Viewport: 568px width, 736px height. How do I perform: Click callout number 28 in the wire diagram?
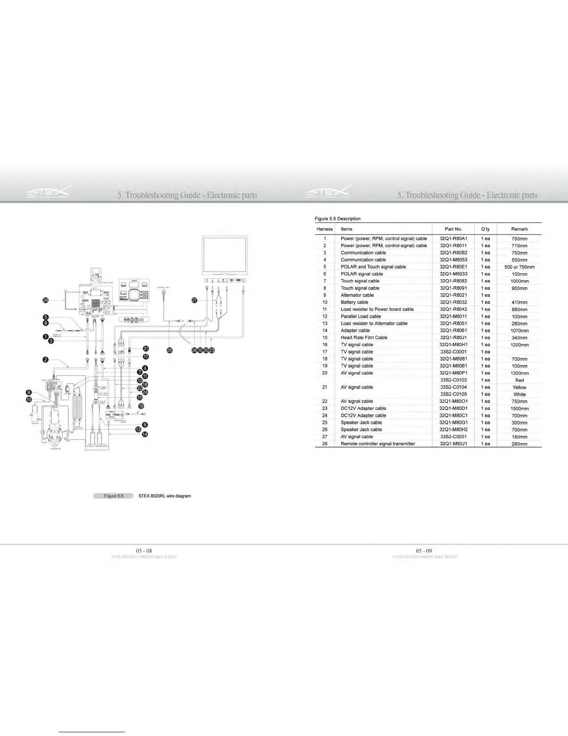point(45,301)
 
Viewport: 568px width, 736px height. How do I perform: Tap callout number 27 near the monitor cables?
point(195,301)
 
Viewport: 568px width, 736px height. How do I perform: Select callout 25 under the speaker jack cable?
point(170,350)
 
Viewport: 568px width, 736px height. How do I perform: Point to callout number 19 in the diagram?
point(141,406)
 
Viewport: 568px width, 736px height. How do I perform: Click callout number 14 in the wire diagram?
point(145,434)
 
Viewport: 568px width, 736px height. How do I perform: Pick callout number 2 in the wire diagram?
point(45,361)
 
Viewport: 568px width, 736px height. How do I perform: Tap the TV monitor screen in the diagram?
point(225,257)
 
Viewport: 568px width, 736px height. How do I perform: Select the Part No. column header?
point(453,229)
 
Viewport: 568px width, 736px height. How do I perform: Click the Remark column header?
point(519,229)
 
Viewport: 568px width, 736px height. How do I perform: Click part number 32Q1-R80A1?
point(453,238)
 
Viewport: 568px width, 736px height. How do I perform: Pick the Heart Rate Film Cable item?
point(364,337)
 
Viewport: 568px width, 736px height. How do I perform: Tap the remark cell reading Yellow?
point(519,387)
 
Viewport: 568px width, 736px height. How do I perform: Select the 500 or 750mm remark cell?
point(519,267)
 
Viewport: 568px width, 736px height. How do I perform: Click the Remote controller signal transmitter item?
point(378,444)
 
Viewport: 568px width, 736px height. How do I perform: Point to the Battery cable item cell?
point(355,302)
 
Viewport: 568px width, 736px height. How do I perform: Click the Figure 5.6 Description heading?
point(337,218)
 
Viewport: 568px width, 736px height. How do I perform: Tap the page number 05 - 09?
point(424,551)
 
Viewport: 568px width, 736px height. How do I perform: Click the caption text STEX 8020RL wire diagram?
point(164,496)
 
